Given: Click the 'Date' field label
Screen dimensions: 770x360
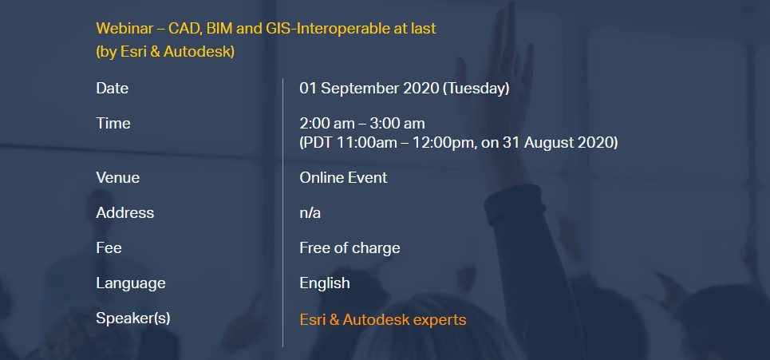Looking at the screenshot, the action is click(x=112, y=89).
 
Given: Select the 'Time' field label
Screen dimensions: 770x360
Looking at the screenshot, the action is click(x=113, y=123).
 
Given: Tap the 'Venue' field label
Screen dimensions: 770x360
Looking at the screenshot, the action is click(x=118, y=177).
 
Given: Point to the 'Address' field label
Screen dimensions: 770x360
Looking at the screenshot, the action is click(x=125, y=212).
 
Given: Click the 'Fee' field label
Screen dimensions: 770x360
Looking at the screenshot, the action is click(x=109, y=247).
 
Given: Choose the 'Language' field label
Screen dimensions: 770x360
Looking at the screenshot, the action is click(x=131, y=283).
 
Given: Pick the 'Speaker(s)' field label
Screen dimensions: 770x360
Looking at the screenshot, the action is click(x=133, y=318).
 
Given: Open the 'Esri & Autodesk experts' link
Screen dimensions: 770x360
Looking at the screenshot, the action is click(x=382, y=320).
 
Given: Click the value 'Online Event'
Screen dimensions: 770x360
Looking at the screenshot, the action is click(x=343, y=177).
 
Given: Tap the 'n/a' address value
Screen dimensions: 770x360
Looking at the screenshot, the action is click(x=310, y=212).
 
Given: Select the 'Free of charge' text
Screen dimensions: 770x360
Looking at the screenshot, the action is click(x=349, y=248).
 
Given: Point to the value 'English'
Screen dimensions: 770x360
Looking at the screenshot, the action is click(x=325, y=283).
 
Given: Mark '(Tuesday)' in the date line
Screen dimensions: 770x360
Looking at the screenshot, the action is click(x=476, y=89).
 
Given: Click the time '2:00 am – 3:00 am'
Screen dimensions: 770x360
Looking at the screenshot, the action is click(x=362, y=123).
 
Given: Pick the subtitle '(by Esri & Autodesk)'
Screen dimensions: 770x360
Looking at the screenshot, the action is click(x=165, y=52).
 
